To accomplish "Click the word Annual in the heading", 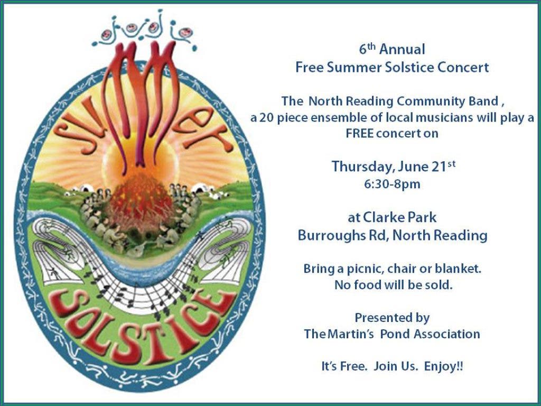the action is [x=402, y=49].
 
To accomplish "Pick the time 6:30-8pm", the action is [x=392, y=183].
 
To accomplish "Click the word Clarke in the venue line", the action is [x=383, y=217].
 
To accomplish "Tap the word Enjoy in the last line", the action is [x=440, y=366].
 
